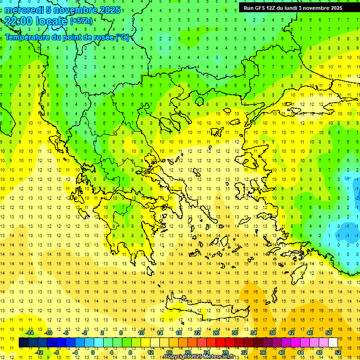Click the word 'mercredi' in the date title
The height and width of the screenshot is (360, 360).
click(x=24, y=10)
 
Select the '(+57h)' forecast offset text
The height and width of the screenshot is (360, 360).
click(x=81, y=21)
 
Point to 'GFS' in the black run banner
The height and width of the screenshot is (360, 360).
click(x=262, y=8)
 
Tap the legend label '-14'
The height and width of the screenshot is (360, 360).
click(x=30, y=333)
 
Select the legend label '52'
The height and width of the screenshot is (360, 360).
click(x=338, y=352)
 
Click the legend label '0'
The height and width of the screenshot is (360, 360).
click(x=92, y=352)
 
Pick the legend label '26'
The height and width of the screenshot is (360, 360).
click(x=216, y=333)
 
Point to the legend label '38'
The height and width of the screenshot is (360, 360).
click(x=272, y=333)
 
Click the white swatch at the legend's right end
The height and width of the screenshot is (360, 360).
click(x=333, y=343)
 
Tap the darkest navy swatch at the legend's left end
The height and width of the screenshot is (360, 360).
click(x=23, y=343)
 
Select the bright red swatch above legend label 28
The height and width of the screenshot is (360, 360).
click(x=225, y=343)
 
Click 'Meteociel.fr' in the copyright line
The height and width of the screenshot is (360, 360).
click(x=216, y=357)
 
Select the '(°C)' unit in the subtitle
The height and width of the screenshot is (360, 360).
click(x=123, y=37)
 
